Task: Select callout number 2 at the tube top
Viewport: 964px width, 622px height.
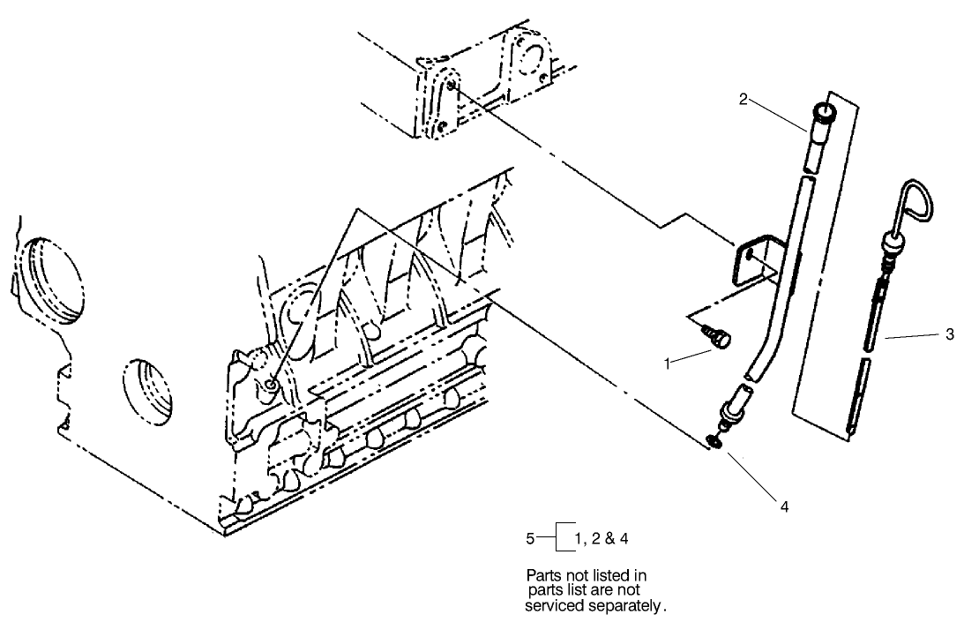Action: [x=744, y=100]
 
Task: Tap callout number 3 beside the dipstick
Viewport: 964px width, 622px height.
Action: [x=949, y=334]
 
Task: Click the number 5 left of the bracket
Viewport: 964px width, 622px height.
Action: [x=528, y=536]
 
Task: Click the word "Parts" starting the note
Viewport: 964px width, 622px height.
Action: [x=543, y=575]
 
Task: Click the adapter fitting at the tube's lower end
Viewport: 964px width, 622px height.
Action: [x=732, y=410]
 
